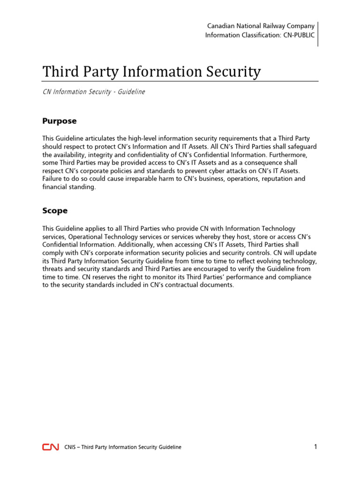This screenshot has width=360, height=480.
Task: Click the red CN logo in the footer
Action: click(51, 447)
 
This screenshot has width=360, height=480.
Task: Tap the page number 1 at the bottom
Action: click(316, 447)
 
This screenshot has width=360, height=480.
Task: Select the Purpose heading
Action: click(59, 121)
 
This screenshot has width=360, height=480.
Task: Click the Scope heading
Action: click(55, 211)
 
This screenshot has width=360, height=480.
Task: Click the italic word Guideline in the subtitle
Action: click(130, 92)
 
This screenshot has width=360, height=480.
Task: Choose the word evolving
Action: click(268, 261)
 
